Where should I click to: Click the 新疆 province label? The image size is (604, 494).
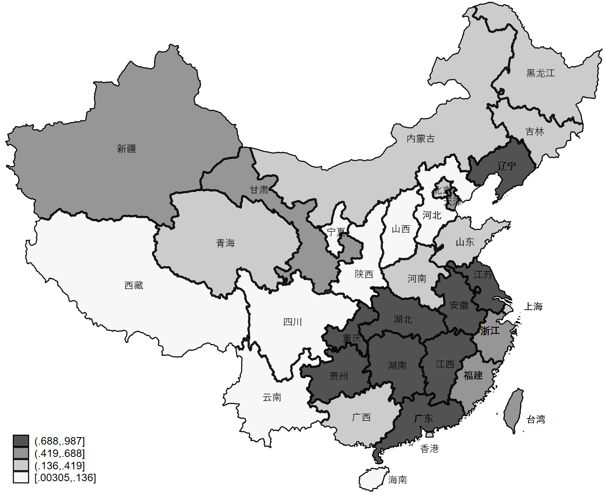[126, 149]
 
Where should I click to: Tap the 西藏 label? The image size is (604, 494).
[134, 286]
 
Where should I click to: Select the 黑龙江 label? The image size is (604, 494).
[540, 73]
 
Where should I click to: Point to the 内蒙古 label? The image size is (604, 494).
[420, 139]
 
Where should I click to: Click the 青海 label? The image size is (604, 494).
[225, 243]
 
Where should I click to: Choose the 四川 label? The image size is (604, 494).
[293, 322]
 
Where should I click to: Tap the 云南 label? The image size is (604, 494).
[272, 397]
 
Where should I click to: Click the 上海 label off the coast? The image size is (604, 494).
[533, 307]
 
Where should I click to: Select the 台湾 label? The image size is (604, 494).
[536, 419]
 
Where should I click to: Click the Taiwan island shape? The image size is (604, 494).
[514, 410]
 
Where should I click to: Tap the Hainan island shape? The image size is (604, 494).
[372, 479]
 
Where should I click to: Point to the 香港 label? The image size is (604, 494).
[429, 449]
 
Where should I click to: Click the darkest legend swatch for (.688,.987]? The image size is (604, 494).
[21, 441]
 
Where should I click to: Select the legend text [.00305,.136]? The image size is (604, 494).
[65, 478]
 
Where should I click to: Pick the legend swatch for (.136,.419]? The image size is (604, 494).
[21, 465]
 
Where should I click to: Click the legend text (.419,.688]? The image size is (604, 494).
[60, 453]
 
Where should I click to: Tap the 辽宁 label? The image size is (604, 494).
[506, 166]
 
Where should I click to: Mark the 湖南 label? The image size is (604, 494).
[397, 366]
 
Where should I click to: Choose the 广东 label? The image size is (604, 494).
[424, 419]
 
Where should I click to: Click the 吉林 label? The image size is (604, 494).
[535, 132]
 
